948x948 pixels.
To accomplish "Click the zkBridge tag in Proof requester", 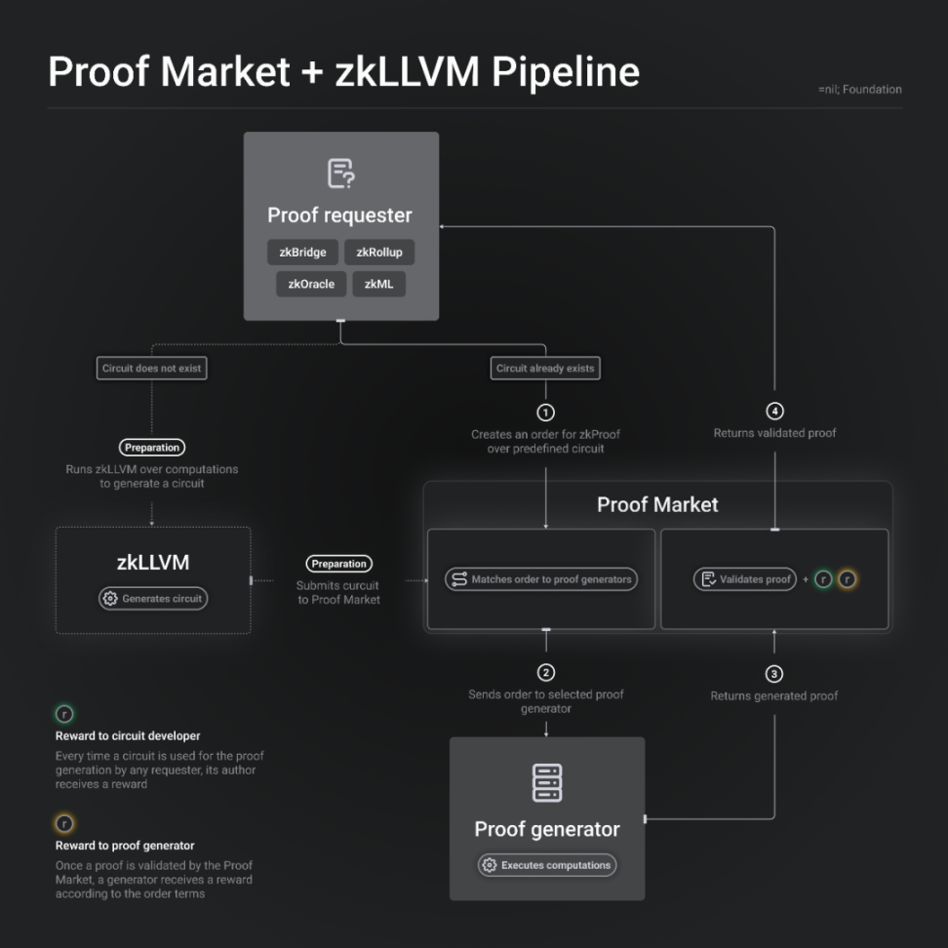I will coord(302,253).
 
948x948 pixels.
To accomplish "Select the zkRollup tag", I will coord(378,253).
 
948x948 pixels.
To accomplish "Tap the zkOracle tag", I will coord(311,284).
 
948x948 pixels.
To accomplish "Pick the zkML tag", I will coord(378,284).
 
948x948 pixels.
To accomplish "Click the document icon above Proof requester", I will coord(340,174).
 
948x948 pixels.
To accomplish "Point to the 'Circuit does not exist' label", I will coord(153,369).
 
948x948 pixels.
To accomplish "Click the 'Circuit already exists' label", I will coord(544,369).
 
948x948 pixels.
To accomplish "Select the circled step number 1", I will coord(545,412).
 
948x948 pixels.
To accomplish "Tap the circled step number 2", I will coord(545,672).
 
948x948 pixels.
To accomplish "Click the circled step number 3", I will coord(774,673).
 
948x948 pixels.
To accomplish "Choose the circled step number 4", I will coord(774,411).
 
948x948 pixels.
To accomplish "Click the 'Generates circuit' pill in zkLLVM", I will coord(154,599).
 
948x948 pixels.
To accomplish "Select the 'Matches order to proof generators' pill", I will coord(541,579).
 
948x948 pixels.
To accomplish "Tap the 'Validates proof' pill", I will coord(745,579).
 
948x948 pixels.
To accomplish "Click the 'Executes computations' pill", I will coord(546,865).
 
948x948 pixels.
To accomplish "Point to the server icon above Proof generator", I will coord(546,783).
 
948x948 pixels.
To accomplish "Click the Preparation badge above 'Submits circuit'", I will coord(338,564).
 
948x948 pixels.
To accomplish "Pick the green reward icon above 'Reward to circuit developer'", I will coord(65,715).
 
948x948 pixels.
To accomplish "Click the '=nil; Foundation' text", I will coord(859,90).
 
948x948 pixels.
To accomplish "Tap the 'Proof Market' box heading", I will coord(657,505).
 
